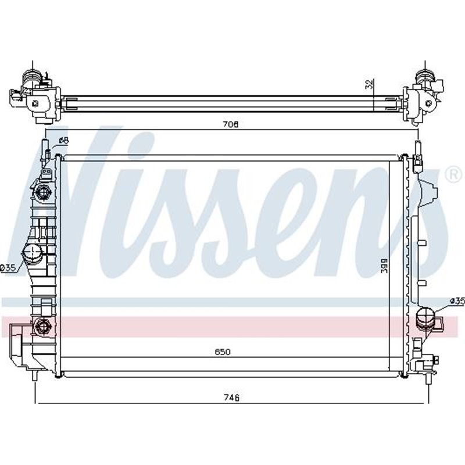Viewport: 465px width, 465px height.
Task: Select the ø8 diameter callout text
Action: click(64, 141)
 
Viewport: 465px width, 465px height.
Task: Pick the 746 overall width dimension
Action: click(232, 398)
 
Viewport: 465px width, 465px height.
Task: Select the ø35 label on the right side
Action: click(456, 301)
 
